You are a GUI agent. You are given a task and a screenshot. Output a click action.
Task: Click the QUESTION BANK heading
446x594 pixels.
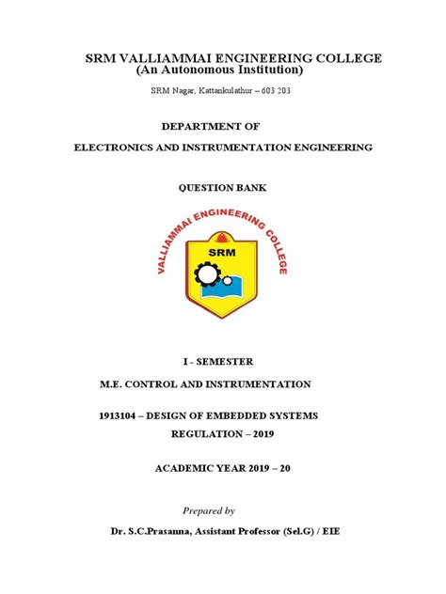coord(223,188)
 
